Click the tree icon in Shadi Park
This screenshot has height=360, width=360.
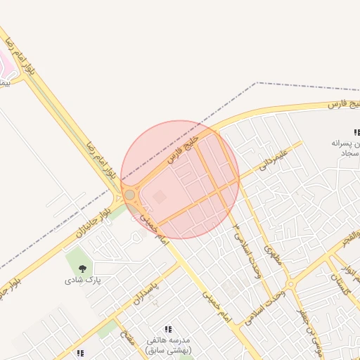click(84, 268)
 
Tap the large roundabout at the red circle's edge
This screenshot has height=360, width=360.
click(129, 194)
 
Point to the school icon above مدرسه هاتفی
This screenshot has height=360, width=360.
click(168, 328)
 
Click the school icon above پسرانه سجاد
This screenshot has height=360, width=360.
click(356, 131)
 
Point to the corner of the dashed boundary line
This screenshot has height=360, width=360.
click(257, 83)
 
